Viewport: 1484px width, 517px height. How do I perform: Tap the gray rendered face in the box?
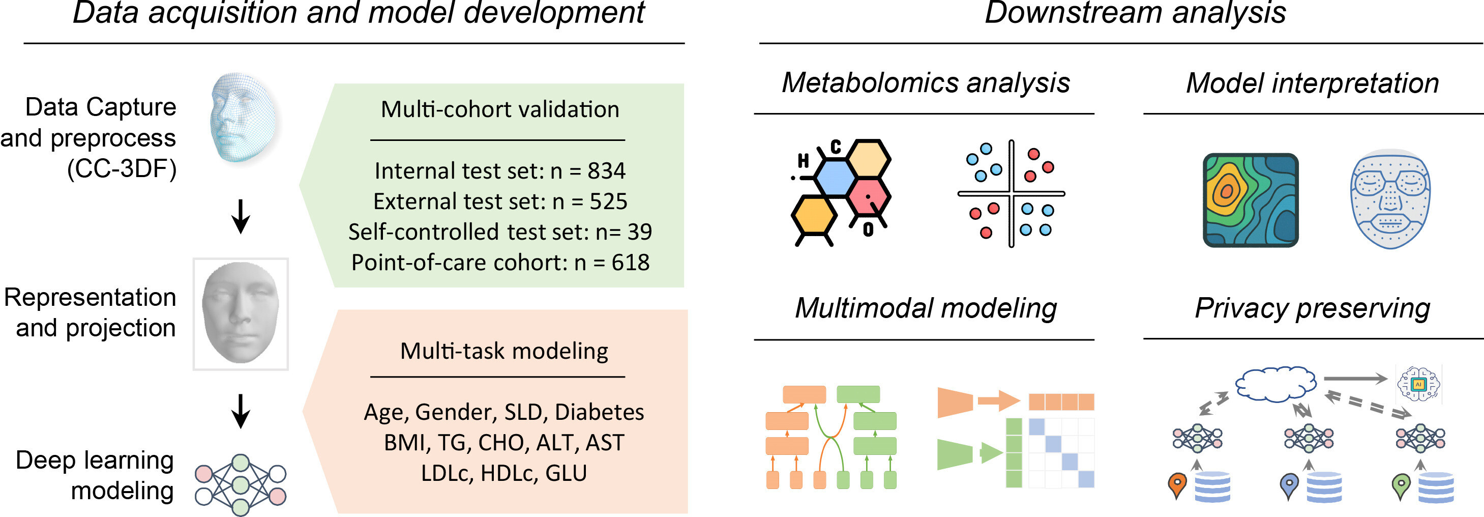pos(240,313)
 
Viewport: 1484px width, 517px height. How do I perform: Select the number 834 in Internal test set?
pos(606,170)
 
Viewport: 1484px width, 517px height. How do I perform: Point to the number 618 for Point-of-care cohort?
pos(630,262)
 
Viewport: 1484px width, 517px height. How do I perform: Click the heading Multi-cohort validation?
pos(500,109)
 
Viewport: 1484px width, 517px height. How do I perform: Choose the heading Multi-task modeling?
pos(504,351)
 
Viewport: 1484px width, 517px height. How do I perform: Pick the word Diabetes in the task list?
pos(599,412)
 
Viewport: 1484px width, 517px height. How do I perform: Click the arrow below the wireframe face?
pos(240,216)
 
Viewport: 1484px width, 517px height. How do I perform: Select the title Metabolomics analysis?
pos(926,82)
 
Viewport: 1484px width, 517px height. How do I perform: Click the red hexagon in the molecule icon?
pos(869,196)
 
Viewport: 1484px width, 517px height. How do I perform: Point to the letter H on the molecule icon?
pos(803,161)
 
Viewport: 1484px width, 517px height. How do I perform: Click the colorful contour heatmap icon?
pos(1251,200)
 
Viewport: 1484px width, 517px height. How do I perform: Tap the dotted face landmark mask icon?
pos(1390,199)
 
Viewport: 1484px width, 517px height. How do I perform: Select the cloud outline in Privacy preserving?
pos(1275,383)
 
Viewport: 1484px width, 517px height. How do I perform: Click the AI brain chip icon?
pos(1418,383)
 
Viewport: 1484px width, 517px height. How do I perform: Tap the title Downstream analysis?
pos(1135,13)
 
